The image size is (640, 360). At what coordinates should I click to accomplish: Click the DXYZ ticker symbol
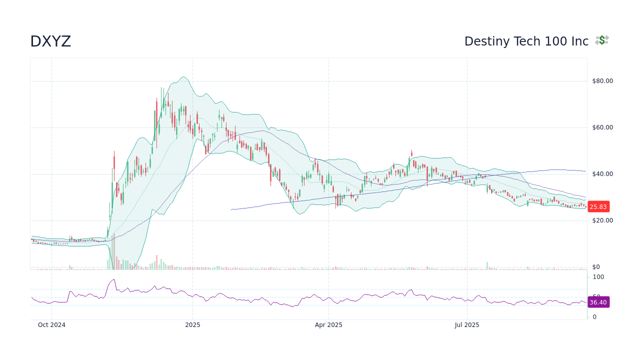click(50, 41)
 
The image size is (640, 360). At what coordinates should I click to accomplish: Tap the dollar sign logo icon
click(602, 40)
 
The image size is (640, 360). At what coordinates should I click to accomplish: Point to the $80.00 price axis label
click(602, 81)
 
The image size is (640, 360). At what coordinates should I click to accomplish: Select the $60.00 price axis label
click(602, 127)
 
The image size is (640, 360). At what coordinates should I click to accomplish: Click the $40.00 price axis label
click(602, 174)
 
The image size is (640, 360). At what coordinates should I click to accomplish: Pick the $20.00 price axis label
click(602, 220)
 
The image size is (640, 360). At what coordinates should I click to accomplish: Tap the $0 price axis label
click(595, 267)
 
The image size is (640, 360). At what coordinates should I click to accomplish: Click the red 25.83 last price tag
click(598, 207)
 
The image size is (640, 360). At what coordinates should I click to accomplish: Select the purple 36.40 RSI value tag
click(598, 302)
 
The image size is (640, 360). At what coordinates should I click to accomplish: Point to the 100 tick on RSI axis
click(598, 277)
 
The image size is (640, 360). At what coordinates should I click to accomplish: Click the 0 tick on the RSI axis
click(594, 317)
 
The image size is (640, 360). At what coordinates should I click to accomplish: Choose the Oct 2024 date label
click(51, 325)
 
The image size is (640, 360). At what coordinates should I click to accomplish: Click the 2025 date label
click(192, 325)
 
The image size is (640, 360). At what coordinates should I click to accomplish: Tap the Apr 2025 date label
click(328, 325)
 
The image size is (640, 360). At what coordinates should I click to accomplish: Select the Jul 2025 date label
click(467, 325)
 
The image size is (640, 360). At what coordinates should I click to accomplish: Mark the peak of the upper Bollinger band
click(184, 77)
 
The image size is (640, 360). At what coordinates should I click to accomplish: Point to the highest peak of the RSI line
click(114, 279)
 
